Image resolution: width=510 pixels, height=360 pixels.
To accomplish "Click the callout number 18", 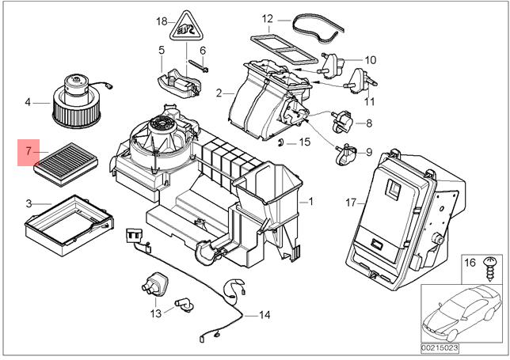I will click(x=162, y=21).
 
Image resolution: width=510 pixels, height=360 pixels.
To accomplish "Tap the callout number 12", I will click(x=267, y=17).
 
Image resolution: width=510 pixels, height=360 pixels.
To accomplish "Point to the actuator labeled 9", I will click(x=347, y=154).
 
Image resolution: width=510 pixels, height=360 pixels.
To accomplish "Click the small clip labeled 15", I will click(x=283, y=142).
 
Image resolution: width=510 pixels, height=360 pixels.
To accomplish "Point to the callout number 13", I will click(x=155, y=314).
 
